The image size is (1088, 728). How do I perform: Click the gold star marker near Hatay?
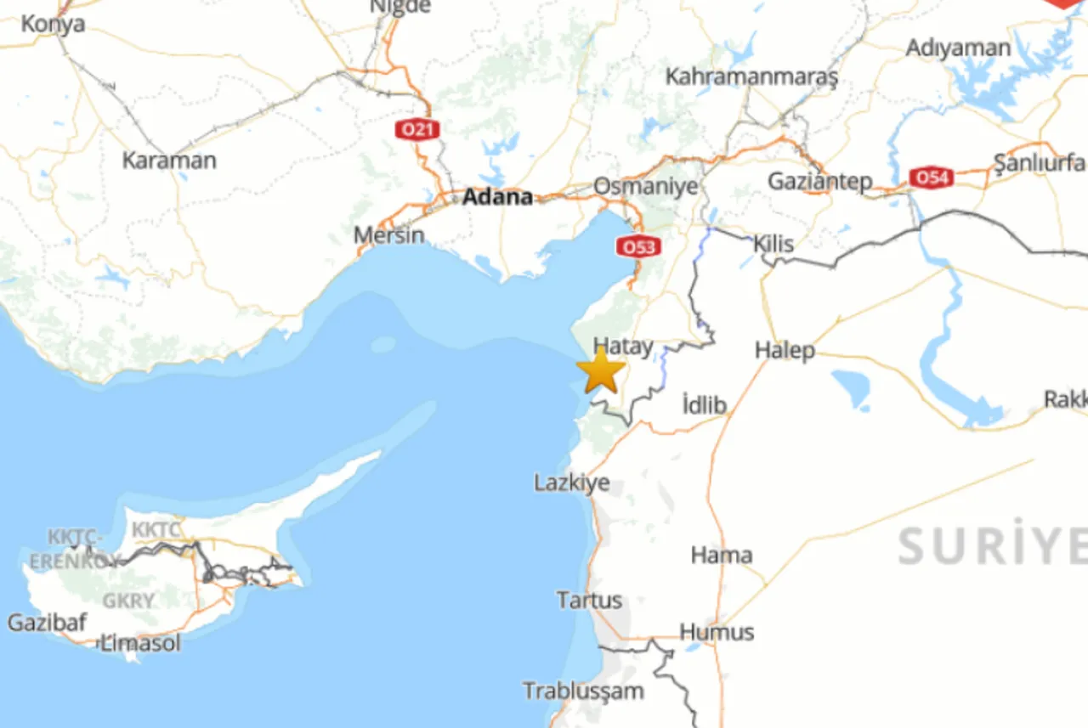tap(601, 371)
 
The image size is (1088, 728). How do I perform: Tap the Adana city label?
tap(497, 197)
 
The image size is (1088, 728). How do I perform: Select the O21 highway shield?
tap(417, 130)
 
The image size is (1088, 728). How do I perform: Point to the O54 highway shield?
tap(931, 178)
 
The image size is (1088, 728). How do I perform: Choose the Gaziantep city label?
tap(819, 181)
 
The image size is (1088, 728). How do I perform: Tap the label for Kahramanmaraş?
tap(751, 76)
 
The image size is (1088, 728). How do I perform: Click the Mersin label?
tap(388, 234)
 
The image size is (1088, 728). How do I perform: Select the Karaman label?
tap(169, 160)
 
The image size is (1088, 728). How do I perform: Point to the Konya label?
tap(53, 24)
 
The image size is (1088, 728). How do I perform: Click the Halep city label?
tap(785, 350)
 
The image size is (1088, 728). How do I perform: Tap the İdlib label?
tap(705, 405)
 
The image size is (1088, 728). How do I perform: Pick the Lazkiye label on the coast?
tap(571, 483)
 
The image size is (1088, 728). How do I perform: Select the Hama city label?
tap(721, 556)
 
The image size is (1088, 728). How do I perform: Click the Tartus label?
tap(589, 600)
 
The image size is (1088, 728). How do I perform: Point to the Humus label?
tap(717, 632)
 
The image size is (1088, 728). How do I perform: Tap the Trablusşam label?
tap(583, 691)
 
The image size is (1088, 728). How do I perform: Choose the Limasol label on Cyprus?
tap(141, 643)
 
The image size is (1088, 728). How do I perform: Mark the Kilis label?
tap(773, 244)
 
